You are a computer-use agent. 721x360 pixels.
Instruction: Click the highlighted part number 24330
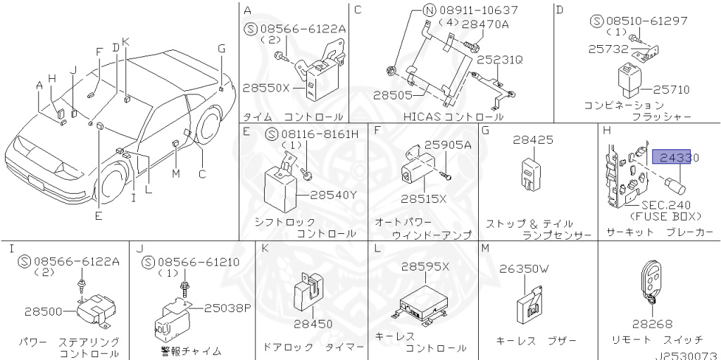676,158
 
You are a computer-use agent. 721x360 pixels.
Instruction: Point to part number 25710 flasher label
670,89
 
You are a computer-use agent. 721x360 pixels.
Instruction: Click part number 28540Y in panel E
333,194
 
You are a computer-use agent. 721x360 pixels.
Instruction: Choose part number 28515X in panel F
425,199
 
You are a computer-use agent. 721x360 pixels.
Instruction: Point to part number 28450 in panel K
313,323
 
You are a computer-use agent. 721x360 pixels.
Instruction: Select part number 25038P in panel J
227,308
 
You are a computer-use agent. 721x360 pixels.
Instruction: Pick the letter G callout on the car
221,49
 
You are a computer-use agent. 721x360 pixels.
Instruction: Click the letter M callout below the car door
175,173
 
